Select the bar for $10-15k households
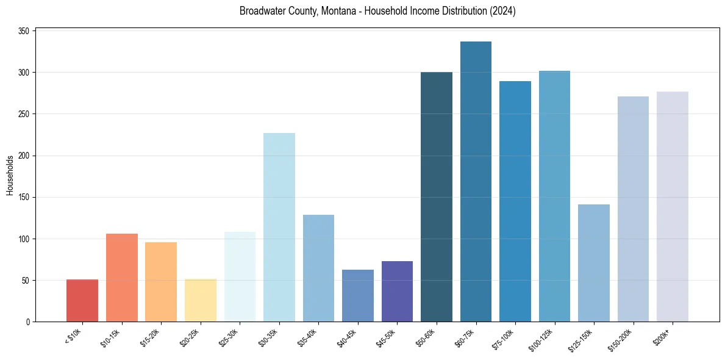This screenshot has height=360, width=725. [121, 278]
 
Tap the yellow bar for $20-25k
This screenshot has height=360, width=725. [200, 300]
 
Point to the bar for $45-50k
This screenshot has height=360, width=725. [397, 291]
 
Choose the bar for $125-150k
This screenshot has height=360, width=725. [593, 263]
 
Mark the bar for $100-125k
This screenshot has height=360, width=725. [554, 196]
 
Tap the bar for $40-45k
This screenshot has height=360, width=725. [357, 295]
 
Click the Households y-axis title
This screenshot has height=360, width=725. [10, 175]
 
